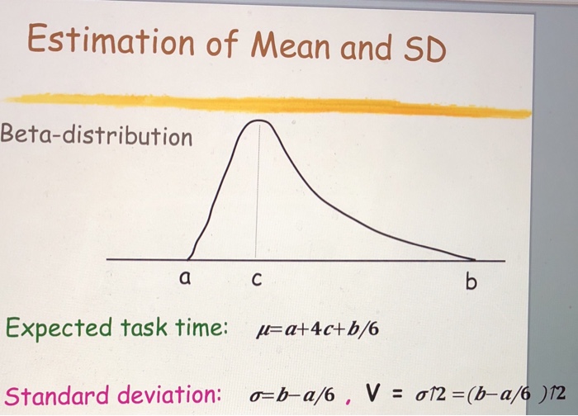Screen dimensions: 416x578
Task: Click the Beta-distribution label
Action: tap(97, 136)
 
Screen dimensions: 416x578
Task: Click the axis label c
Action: tap(254, 281)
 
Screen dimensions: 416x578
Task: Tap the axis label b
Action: tap(471, 283)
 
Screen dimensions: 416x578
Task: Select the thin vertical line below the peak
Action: tap(256, 198)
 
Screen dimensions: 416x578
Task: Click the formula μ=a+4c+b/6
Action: tap(318, 330)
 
